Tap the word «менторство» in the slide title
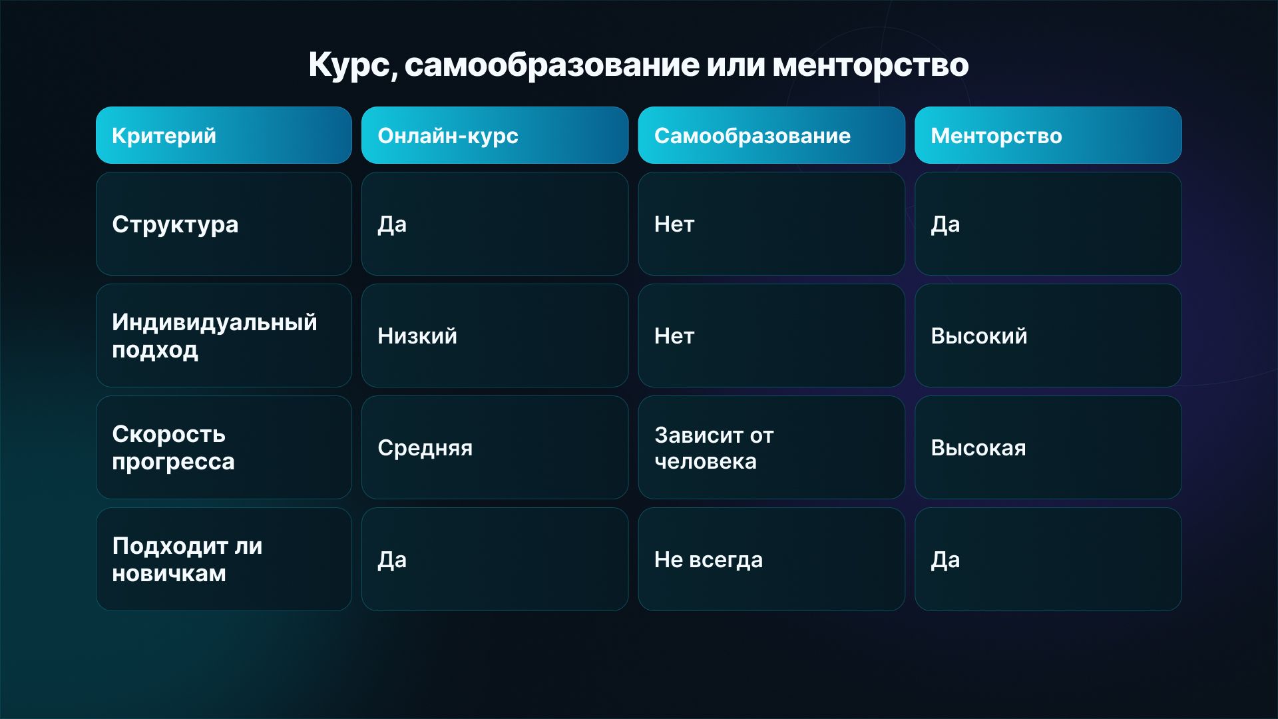(871, 65)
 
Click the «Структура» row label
(175, 225)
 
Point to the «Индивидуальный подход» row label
(214, 336)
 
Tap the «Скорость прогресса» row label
(173, 447)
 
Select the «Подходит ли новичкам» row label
(187, 559)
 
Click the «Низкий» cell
(417, 336)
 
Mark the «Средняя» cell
(425, 448)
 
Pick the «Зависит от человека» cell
(714, 448)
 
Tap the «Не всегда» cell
(708, 560)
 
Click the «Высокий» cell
(978, 336)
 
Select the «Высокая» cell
(978, 448)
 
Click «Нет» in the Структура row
(674, 224)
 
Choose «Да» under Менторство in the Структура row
(945, 225)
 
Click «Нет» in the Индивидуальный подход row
(674, 336)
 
